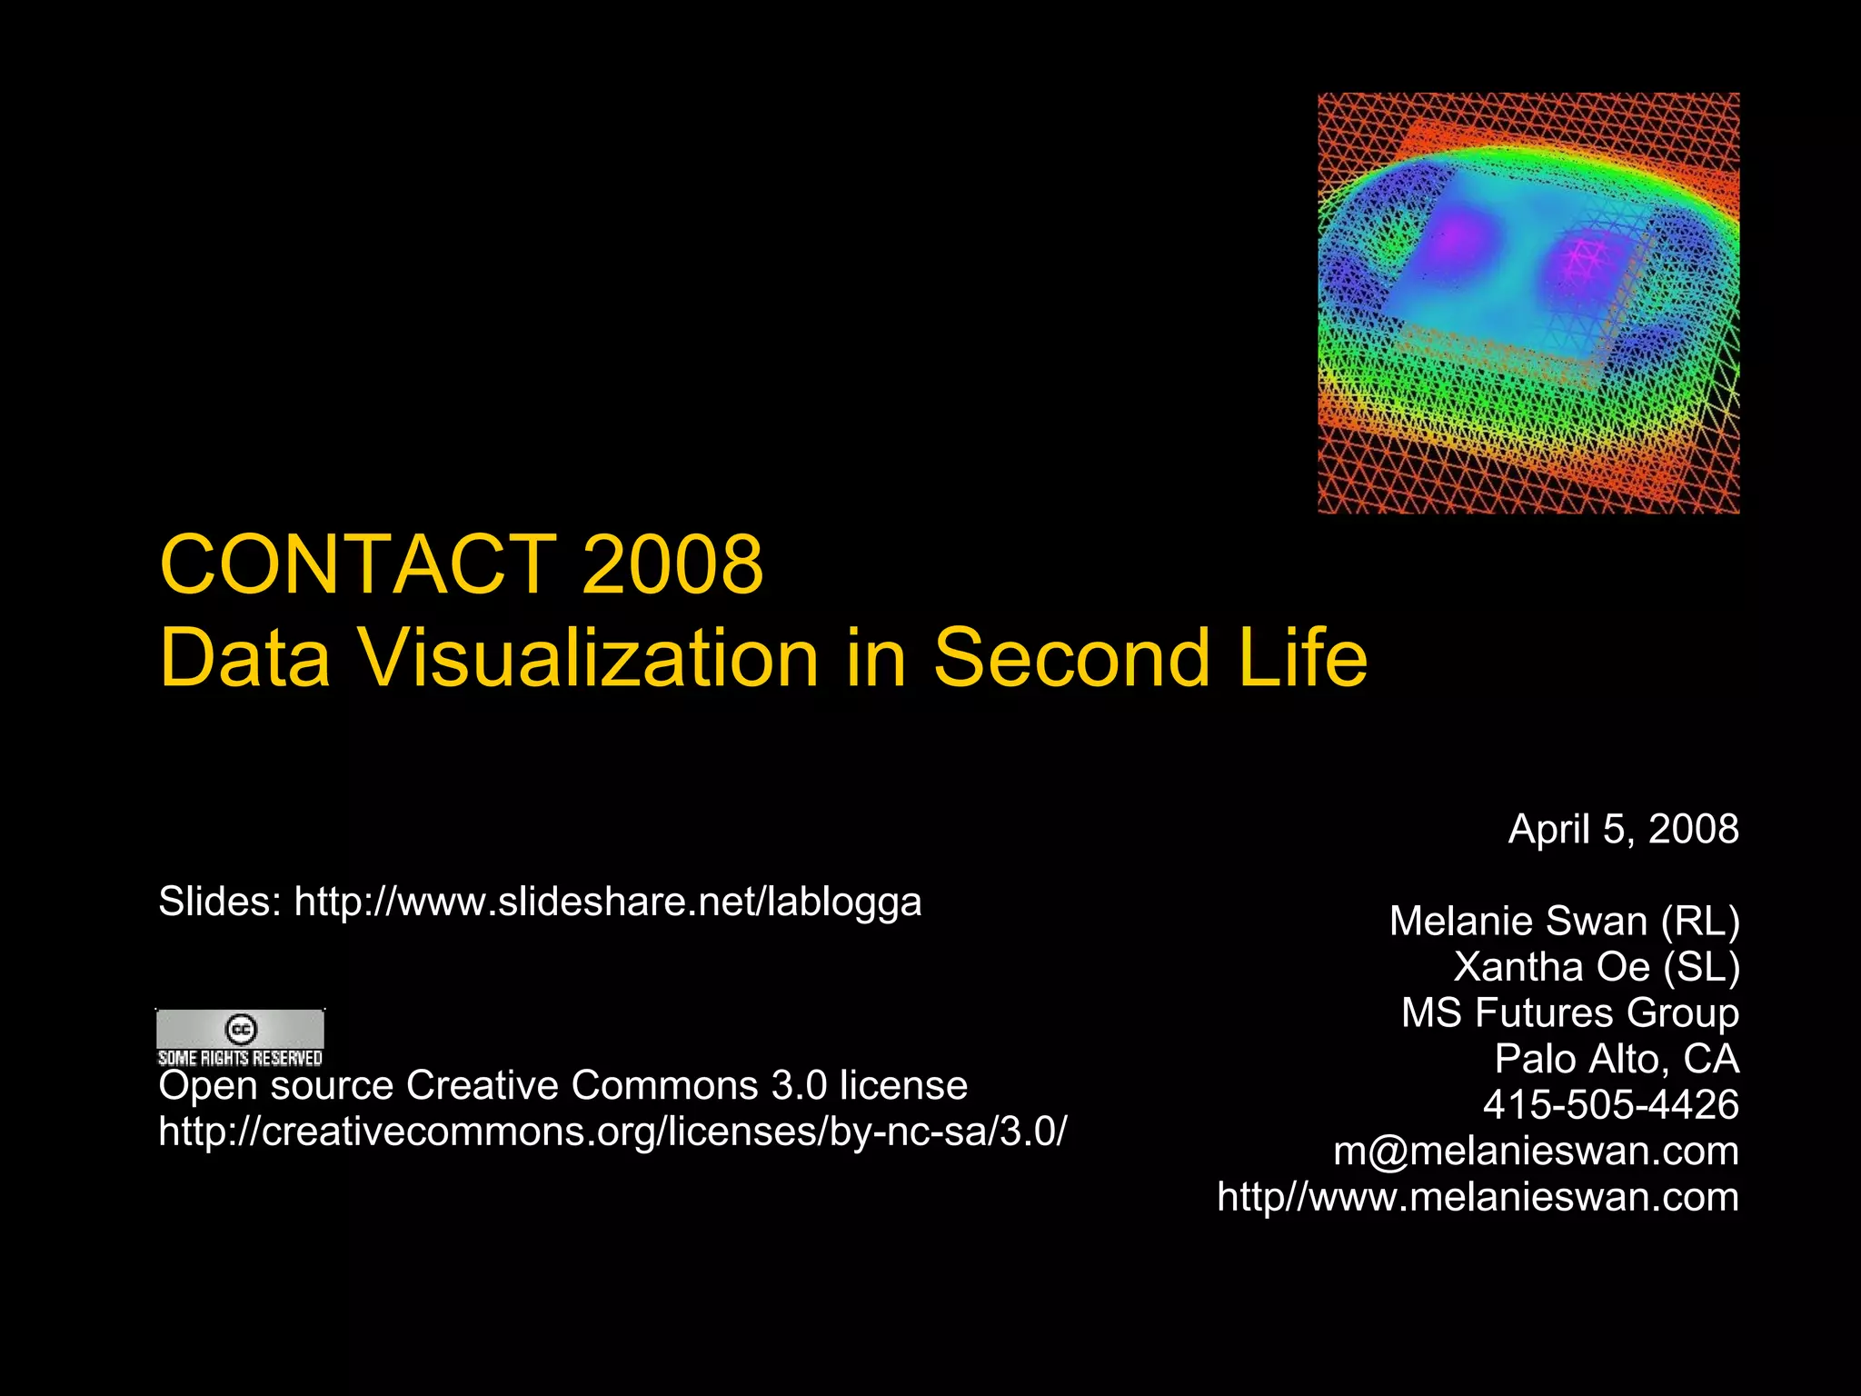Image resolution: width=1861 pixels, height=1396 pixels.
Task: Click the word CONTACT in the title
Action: click(358, 564)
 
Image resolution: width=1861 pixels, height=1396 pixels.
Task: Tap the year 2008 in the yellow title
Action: click(672, 564)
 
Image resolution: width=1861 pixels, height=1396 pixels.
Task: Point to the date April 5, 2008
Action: click(1623, 829)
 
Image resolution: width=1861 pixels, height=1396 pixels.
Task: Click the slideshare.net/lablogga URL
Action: click(607, 902)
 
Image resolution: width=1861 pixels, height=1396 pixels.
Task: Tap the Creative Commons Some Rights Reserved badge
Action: click(240, 1037)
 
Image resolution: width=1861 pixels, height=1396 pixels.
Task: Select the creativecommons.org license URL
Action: click(612, 1132)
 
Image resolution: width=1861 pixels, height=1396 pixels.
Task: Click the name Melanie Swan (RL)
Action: click(1564, 921)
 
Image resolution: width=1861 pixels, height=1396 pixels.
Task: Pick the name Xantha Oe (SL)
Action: click(1597, 966)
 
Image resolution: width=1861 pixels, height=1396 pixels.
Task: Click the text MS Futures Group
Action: click(1569, 1012)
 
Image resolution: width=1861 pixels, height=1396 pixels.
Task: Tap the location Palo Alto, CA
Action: click(1617, 1059)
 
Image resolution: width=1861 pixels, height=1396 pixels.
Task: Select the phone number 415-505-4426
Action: click(1610, 1104)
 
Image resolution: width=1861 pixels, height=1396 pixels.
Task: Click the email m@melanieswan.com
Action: click(1536, 1151)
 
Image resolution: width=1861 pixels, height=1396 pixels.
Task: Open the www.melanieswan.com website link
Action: click(1478, 1197)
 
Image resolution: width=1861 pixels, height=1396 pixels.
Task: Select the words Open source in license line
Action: click(275, 1085)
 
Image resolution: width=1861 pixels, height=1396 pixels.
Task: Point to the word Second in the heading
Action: click(1072, 657)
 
